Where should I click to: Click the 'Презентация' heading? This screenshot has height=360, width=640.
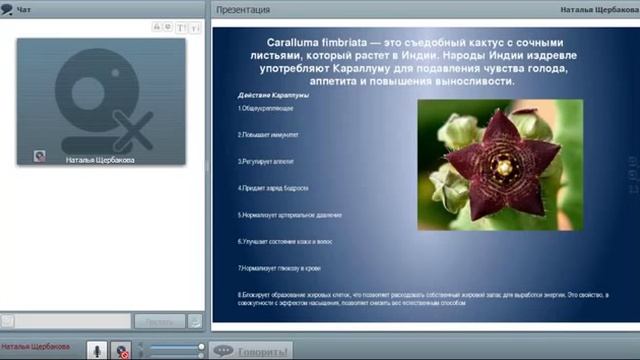tap(243, 10)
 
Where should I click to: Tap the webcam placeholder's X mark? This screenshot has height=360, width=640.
tap(132, 130)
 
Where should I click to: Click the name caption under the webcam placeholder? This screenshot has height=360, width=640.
tap(100, 159)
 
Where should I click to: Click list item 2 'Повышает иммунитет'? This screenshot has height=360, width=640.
tap(268, 134)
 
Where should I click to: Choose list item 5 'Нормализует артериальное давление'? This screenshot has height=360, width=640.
tap(290, 214)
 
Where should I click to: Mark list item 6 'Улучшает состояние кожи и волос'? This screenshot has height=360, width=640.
tap(285, 241)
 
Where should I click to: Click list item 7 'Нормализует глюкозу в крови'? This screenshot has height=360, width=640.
tap(279, 268)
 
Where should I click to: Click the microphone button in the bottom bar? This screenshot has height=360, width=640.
tap(96, 350)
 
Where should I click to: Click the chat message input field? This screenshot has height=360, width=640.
tap(65, 321)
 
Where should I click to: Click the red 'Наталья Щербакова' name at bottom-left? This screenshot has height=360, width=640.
tap(36, 347)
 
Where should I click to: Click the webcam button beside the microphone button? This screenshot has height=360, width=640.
tap(121, 350)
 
